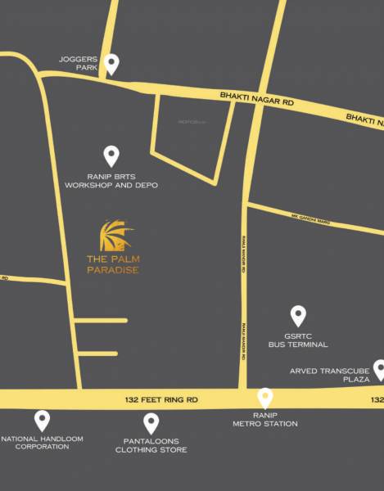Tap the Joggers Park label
(x=79, y=64)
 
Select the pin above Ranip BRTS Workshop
(x=111, y=155)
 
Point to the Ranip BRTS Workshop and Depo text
(x=111, y=181)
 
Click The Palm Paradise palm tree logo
(x=112, y=236)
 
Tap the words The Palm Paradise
(x=112, y=266)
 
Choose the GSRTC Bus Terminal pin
(x=298, y=315)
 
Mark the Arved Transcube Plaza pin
(x=379, y=369)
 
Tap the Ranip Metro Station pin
(x=265, y=398)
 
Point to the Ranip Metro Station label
(x=265, y=419)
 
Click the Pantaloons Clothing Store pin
(x=151, y=423)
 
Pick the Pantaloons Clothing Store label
(x=151, y=445)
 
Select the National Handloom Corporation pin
(x=41, y=421)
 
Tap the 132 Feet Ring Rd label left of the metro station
(x=161, y=399)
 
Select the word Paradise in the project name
(x=112, y=271)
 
